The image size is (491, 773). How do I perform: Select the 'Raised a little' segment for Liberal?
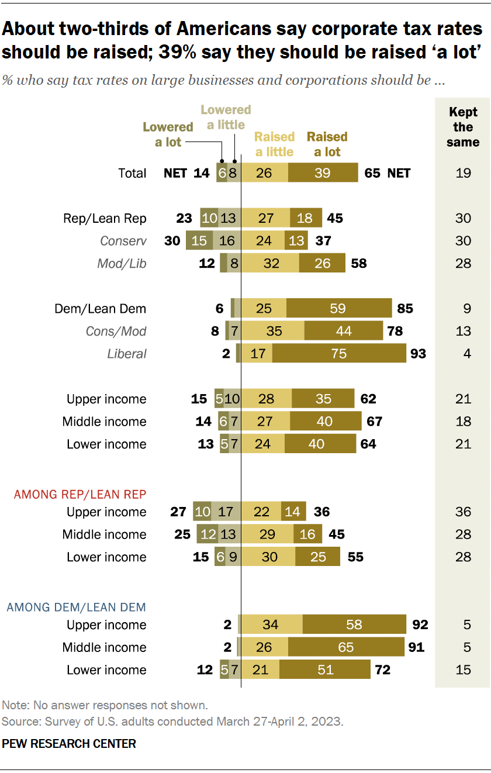(256, 354)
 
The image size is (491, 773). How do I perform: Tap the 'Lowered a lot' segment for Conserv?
(199, 241)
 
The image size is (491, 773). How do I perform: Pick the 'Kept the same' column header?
(463, 127)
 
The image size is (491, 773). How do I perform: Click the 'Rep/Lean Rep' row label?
(105, 219)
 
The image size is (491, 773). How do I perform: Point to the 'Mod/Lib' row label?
(122, 264)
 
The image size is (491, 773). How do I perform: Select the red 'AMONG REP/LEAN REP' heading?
(79, 494)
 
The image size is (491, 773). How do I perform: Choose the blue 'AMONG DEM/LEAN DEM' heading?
(76, 607)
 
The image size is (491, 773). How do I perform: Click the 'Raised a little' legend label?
(274, 144)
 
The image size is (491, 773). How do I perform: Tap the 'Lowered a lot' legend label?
(168, 134)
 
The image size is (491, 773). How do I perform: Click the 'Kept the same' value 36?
(463, 512)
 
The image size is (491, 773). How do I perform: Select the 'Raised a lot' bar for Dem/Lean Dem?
(339, 309)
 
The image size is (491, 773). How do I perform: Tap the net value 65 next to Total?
(372, 173)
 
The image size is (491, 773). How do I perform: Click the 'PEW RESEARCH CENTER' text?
(69, 744)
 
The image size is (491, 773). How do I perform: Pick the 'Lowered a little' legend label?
(226, 117)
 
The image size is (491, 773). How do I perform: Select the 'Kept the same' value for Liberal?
(463, 354)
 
